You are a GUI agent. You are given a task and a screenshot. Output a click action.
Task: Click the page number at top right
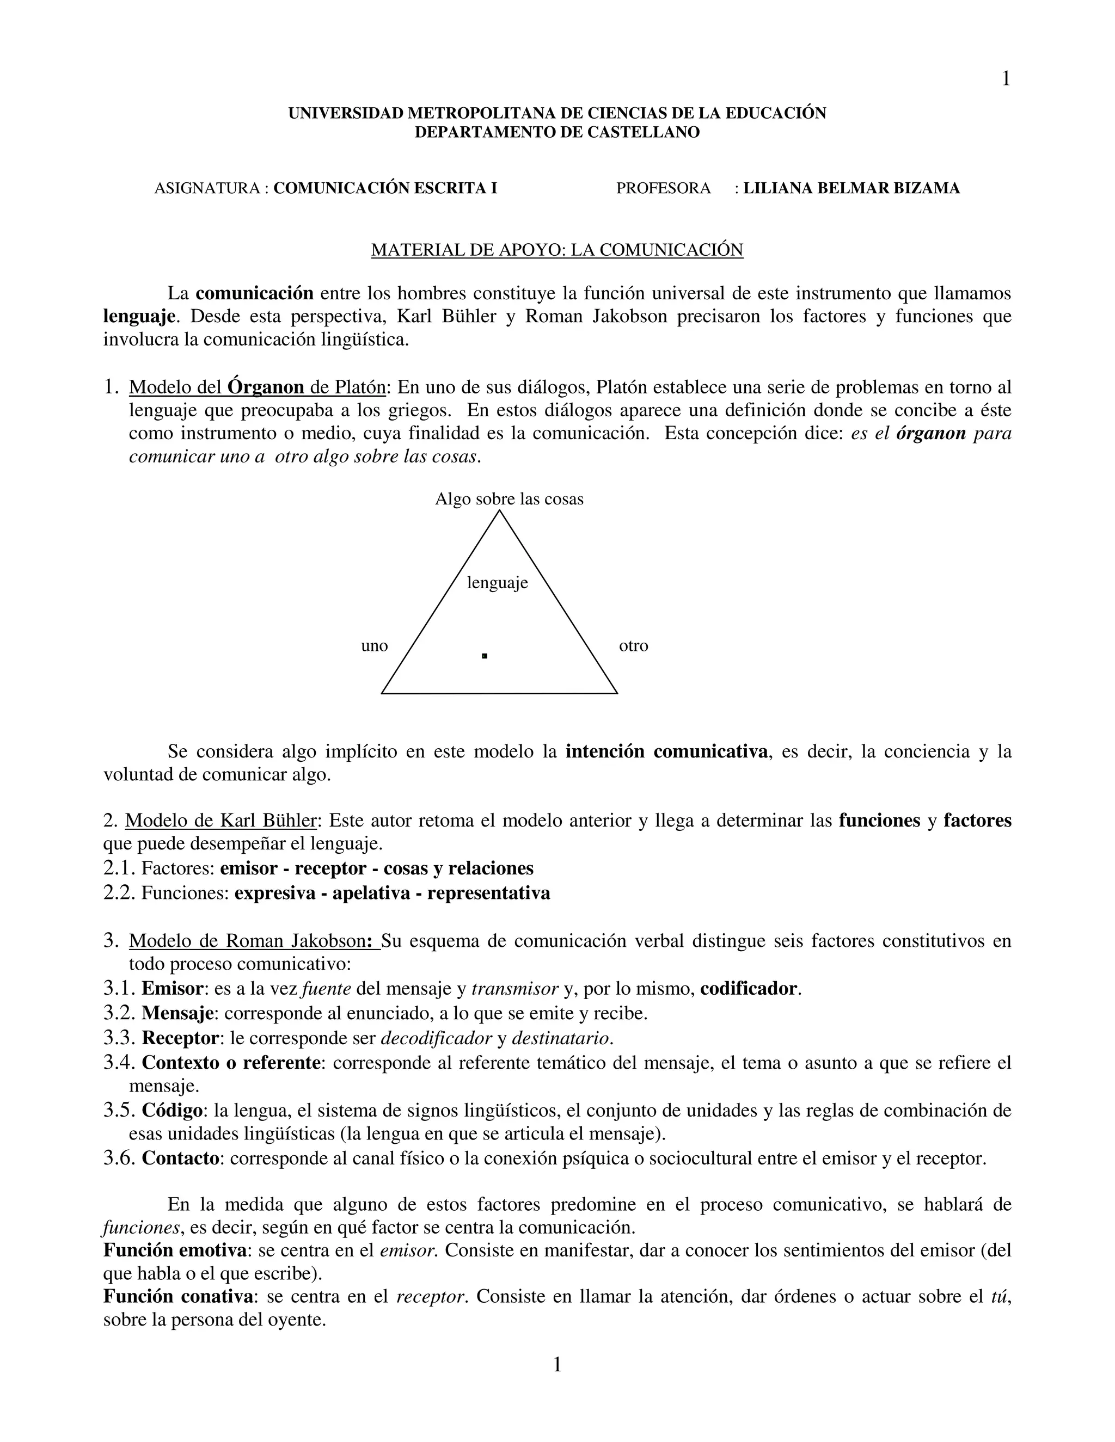coord(1006,79)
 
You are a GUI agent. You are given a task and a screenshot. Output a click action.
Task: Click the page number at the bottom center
coord(557,1364)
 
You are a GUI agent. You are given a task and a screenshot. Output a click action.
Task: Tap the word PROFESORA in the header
coord(663,188)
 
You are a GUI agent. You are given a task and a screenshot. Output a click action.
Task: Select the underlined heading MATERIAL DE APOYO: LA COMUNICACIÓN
coord(557,250)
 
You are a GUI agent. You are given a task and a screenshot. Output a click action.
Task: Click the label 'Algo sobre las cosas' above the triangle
coord(509,499)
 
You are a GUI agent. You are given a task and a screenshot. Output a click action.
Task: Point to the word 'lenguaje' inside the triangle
coord(498,582)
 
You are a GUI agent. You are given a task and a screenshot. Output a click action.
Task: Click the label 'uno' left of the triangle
coord(375,646)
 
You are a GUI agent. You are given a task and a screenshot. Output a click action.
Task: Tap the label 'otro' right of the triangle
coord(634,646)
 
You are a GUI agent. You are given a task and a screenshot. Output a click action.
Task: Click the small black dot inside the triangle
coord(484,656)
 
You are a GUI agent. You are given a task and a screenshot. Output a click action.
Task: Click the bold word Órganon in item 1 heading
coord(266,387)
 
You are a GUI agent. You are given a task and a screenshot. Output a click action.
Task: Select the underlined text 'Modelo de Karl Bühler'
coord(220,821)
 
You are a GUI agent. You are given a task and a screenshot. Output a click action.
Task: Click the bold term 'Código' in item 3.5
coord(171,1111)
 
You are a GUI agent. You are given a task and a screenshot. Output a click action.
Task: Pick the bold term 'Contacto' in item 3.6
coord(180,1158)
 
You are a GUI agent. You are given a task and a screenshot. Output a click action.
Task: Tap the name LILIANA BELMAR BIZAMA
coord(851,188)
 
